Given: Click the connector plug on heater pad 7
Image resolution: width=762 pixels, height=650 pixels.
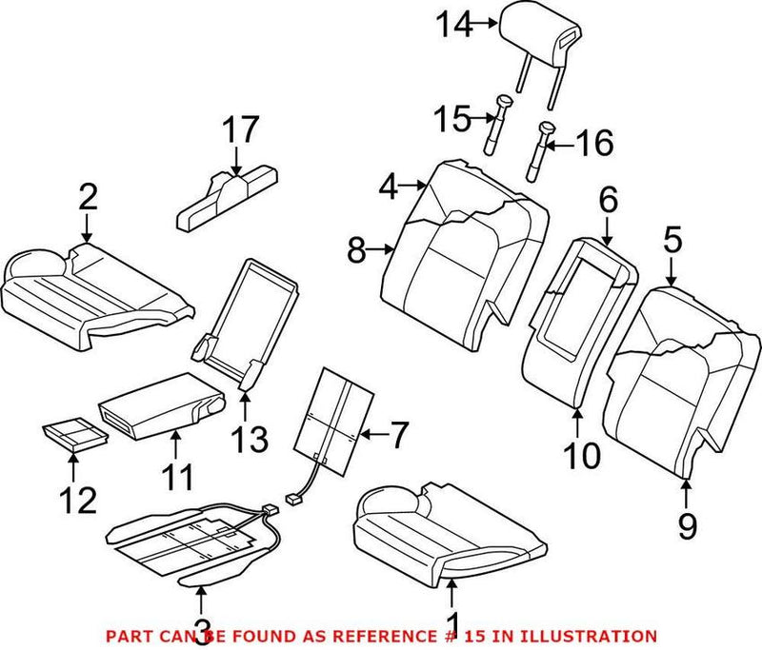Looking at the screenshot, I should tap(292, 498).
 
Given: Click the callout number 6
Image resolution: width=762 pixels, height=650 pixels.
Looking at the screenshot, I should tap(608, 199).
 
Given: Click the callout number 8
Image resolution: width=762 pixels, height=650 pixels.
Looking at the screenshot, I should tap(357, 250).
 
